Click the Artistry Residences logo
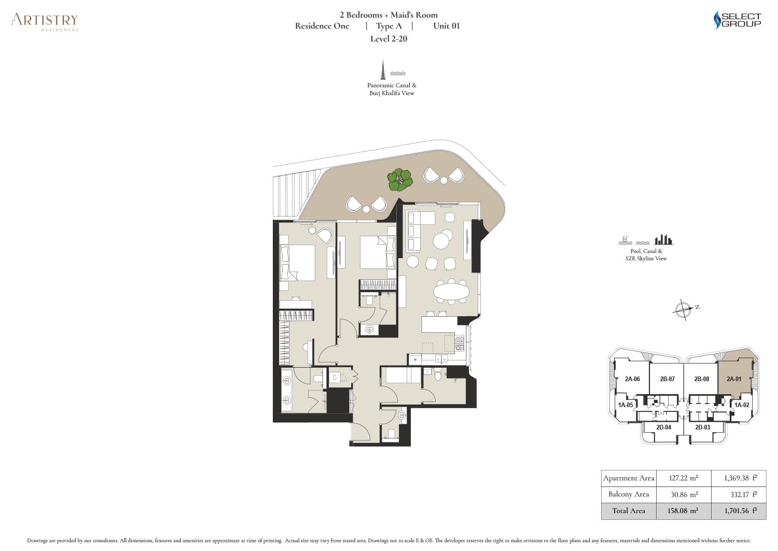pyautogui.click(x=45, y=21)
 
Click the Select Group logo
pyautogui.click(x=738, y=20)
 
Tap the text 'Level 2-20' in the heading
pyautogui.click(x=388, y=38)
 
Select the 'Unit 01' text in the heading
pyautogui.click(x=446, y=26)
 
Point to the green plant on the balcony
pyautogui.click(x=400, y=179)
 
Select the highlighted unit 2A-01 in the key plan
pyautogui.click(x=733, y=379)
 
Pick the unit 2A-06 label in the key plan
pyautogui.click(x=632, y=379)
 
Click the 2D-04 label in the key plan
pyautogui.click(x=663, y=427)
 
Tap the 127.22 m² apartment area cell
pyautogui.click(x=683, y=478)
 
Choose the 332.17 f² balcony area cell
pyautogui.click(x=739, y=494)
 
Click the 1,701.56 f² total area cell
pyautogui.click(x=739, y=511)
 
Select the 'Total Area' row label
pyautogui.click(x=629, y=511)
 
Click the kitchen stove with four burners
pyautogui.click(x=460, y=342)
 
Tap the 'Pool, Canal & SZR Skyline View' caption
pyautogui.click(x=646, y=254)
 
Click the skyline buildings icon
pyautogui.click(x=663, y=239)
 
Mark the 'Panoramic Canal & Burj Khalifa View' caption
pyautogui.click(x=392, y=89)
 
